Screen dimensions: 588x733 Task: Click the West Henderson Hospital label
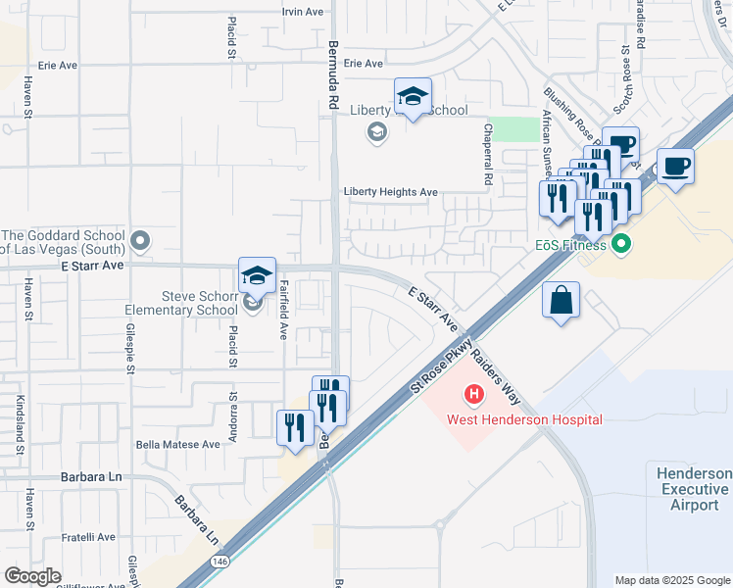click(x=524, y=419)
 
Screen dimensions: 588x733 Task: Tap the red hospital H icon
click(x=474, y=396)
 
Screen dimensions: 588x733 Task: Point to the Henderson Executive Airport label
click(x=693, y=489)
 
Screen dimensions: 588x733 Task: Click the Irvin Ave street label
click(x=302, y=12)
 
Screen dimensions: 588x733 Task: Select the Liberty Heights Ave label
click(x=390, y=192)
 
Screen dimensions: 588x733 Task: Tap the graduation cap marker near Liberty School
click(x=413, y=97)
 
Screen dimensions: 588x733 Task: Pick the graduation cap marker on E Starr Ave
click(x=257, y=275)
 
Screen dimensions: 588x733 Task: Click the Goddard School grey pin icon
click(x=141, y=239)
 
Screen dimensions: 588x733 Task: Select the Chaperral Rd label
click(x=487, y=155)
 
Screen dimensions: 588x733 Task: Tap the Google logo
click(x=33, y=576)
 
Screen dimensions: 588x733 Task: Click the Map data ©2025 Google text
click(x=672, y=580)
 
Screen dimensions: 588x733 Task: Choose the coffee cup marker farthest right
click(x=674, y=166)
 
